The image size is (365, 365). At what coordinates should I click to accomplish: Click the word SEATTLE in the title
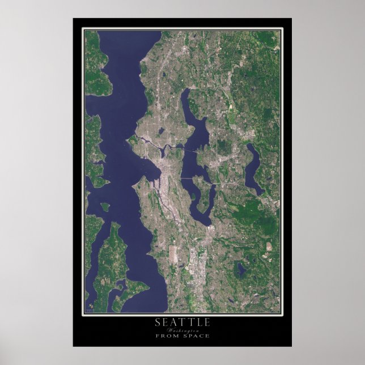182,322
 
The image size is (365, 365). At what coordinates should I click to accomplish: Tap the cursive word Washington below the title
182,330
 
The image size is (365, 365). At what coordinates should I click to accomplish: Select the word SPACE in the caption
195,336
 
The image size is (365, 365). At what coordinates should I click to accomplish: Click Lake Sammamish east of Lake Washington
254,168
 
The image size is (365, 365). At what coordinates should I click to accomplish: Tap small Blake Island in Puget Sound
105,207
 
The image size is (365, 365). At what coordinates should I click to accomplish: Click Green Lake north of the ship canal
162,131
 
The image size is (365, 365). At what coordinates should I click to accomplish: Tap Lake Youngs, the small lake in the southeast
241,270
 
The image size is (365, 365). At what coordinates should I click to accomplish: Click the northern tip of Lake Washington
184,91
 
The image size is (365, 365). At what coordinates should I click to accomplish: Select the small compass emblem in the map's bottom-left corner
90,308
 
